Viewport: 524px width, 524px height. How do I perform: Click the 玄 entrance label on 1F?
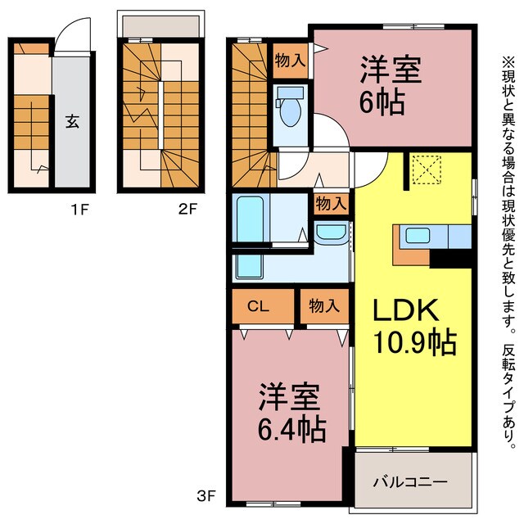point(71,122)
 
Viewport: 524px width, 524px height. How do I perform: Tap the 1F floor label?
point(79,209)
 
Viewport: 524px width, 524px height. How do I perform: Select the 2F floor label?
point(187,209)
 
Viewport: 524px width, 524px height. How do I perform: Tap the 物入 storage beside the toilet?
point(290,60)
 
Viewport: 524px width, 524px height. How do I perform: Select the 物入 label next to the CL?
point(324,307)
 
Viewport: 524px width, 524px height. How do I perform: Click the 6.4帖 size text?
point(289,427)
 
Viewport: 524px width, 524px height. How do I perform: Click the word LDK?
point(408,311)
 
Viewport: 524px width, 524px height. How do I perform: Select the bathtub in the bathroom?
point(248,218)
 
